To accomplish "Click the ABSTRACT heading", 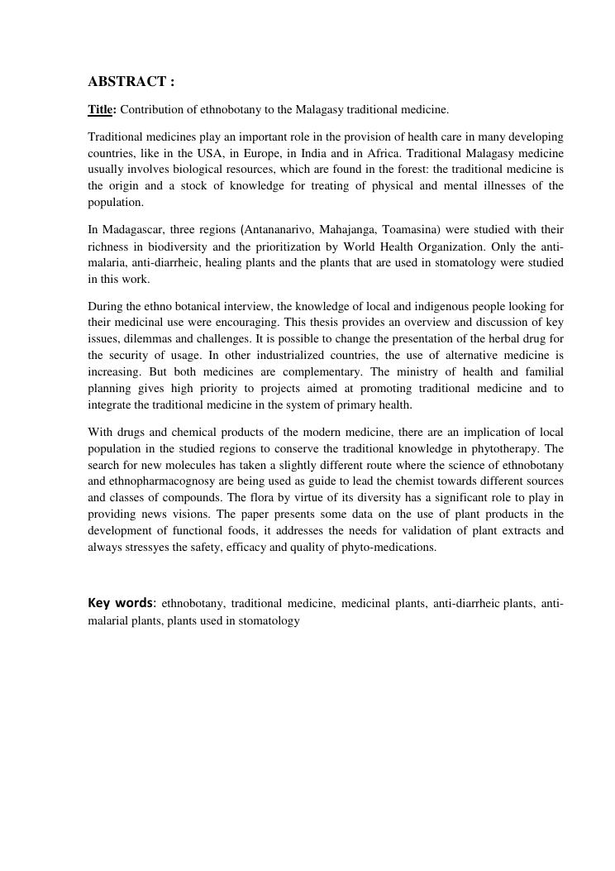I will pos(131,81).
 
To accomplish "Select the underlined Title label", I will pos(100,109).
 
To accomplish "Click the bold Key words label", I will pos(121,603).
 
